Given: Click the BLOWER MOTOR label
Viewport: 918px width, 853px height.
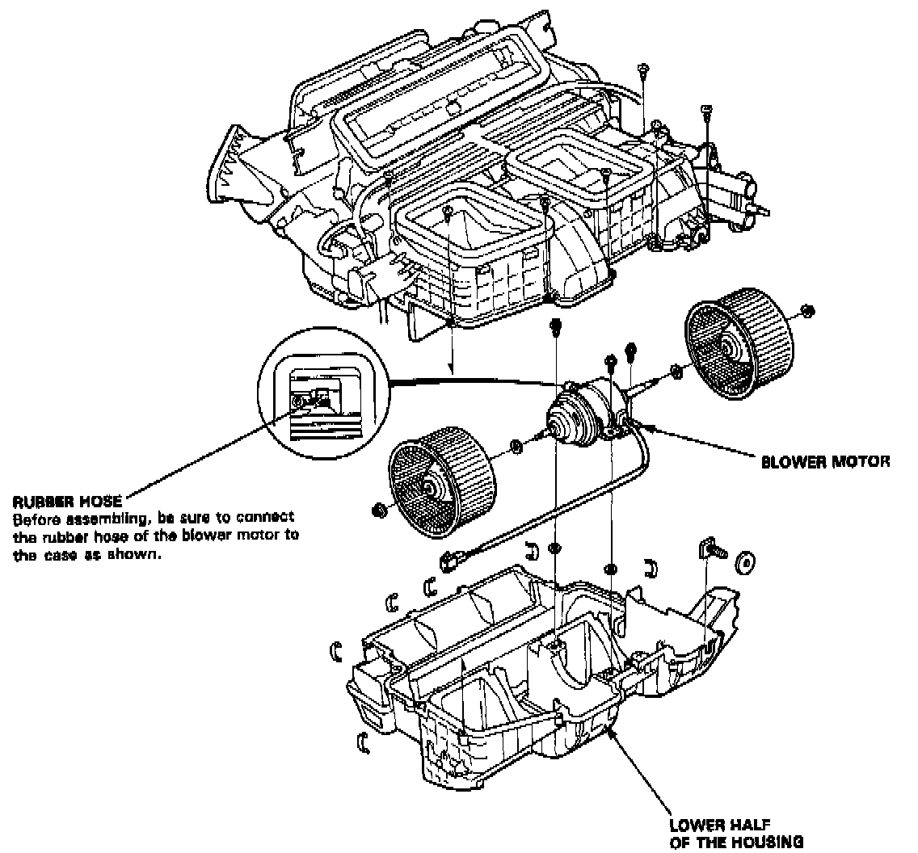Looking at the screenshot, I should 825,463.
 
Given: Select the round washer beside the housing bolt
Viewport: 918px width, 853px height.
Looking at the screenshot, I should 744,561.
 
